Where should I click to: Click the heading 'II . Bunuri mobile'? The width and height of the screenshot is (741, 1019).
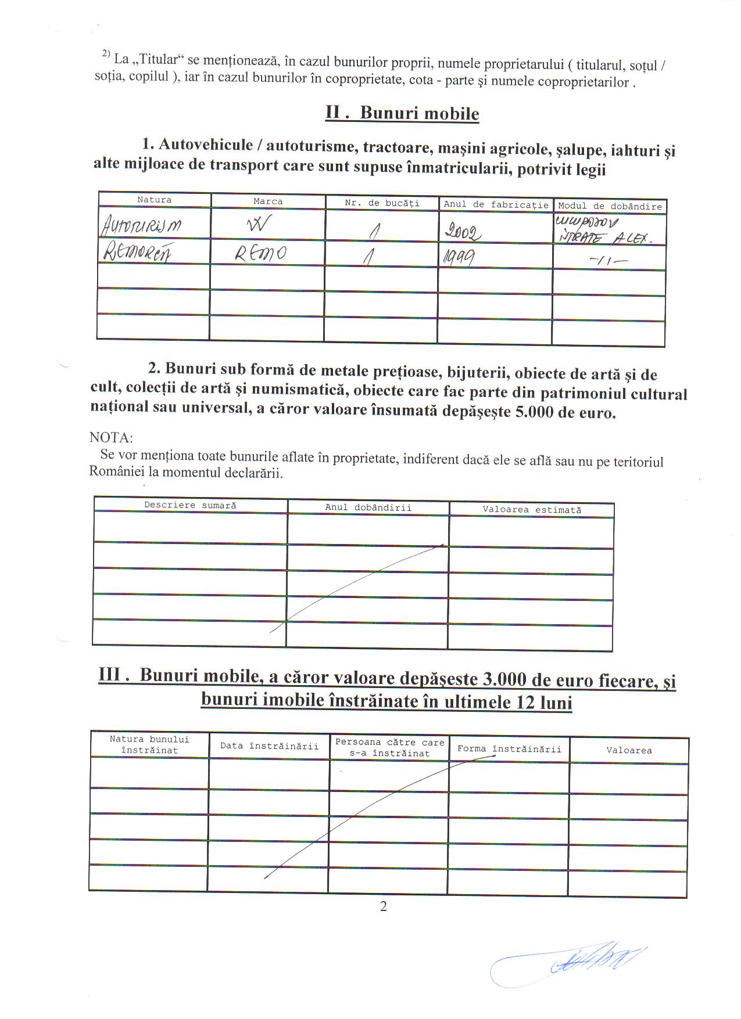(402, 113)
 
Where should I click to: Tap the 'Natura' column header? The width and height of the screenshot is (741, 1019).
(155, 200)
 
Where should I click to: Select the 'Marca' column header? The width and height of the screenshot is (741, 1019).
(268, 201)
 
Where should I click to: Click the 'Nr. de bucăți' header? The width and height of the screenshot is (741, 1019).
(382, 203)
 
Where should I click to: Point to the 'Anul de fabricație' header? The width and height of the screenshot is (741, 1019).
(496, 204)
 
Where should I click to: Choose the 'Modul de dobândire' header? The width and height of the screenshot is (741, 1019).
(610, 206)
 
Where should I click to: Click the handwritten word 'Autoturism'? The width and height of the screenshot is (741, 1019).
(141, 226)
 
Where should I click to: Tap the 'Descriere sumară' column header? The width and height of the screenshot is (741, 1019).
(190, 505)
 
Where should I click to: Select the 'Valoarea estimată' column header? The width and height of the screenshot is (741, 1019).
(531, 510)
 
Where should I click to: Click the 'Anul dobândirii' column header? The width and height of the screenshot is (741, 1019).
(368, 507)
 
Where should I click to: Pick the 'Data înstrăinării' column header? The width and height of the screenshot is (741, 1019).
(269, 746)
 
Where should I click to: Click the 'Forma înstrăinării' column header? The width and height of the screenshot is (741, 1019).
(509, 749)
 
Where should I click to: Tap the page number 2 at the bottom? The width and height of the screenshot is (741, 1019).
(383, 906)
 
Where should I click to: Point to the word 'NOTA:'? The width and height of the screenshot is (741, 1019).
(111, 437)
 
